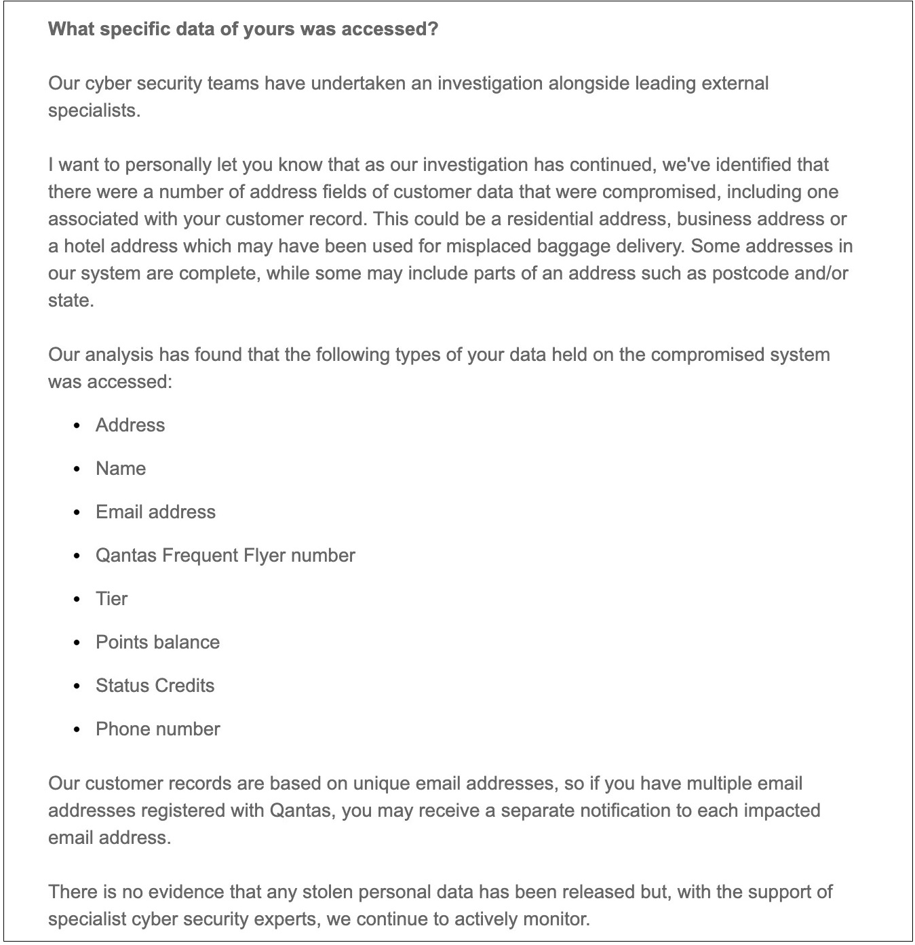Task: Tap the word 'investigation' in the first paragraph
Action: click(x=489, y=83)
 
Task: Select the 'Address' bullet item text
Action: click(x=130, y=425)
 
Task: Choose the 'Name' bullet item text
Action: click(x=121, y=469)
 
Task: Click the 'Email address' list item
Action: click(x=155, y=512)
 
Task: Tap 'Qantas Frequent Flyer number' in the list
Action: click(x=225, y=556)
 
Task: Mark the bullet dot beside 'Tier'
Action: click(x=77, y=600)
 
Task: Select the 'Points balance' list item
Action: click(x=157, y=642)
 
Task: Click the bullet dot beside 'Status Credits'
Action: click(x=77, y=687)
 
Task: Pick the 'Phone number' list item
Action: click(x=157, y=729)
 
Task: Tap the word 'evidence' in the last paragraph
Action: click(x=185, y=892)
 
